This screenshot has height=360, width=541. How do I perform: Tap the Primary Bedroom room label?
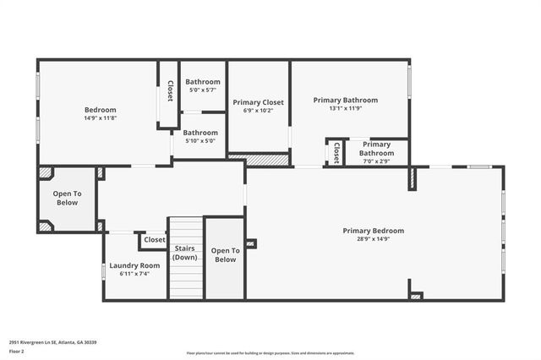373,231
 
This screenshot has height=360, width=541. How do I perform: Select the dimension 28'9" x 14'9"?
373,240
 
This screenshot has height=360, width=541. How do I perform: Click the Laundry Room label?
134,265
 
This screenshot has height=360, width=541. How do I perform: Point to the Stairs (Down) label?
185,253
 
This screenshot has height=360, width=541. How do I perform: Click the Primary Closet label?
259,102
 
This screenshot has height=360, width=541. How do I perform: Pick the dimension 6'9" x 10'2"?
259,111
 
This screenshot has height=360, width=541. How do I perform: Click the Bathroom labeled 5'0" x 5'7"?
203,85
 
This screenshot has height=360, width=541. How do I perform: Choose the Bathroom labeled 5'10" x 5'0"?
200,136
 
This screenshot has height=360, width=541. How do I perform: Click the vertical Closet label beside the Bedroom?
169,91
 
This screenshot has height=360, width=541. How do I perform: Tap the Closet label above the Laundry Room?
155,240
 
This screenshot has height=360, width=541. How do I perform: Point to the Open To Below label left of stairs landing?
68,198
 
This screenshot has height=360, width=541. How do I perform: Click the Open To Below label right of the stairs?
225,254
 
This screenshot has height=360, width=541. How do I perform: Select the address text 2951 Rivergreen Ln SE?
52,342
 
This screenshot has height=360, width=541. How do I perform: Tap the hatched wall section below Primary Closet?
259,158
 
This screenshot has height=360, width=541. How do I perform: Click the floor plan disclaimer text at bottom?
270,353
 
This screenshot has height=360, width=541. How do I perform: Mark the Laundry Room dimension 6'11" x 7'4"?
134,274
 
